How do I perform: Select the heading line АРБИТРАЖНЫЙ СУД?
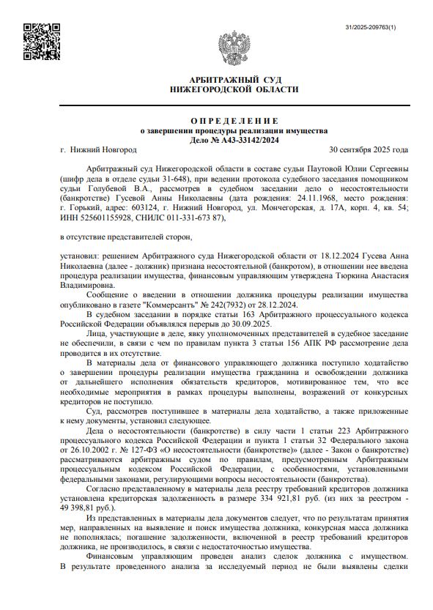(x=234, y=79)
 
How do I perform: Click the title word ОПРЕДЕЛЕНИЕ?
(x=234, y=120)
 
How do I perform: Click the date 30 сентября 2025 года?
(x=369, y=149)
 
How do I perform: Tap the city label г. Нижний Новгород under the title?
(x=98, y=149)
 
